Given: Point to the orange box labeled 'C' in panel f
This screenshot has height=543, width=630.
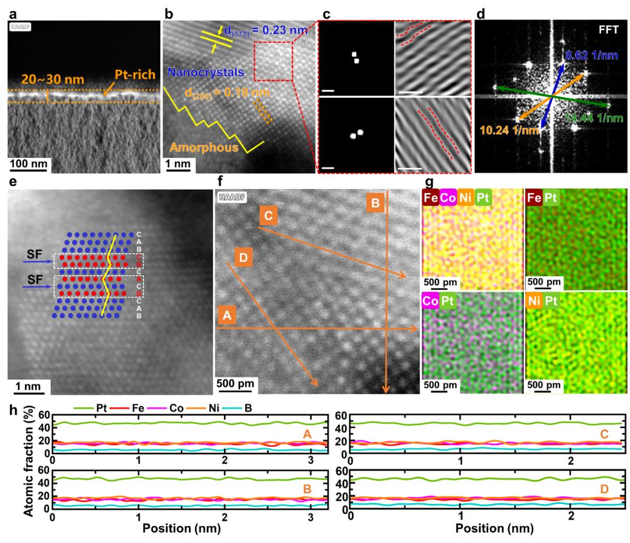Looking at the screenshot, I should click(268, 216).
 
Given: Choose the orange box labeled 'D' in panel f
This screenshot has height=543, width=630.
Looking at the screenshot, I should click(243, 257).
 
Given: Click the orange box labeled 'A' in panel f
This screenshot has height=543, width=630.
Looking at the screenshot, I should click(228, 316).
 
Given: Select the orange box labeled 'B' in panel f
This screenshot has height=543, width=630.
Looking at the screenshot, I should click(376, 203).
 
